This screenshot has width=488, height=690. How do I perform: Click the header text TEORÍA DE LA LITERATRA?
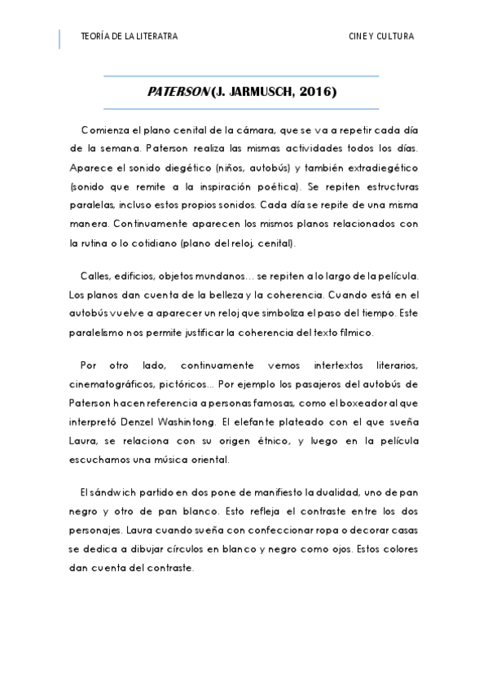coord(130,37)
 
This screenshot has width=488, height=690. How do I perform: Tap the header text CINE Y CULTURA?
coord(381,37)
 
